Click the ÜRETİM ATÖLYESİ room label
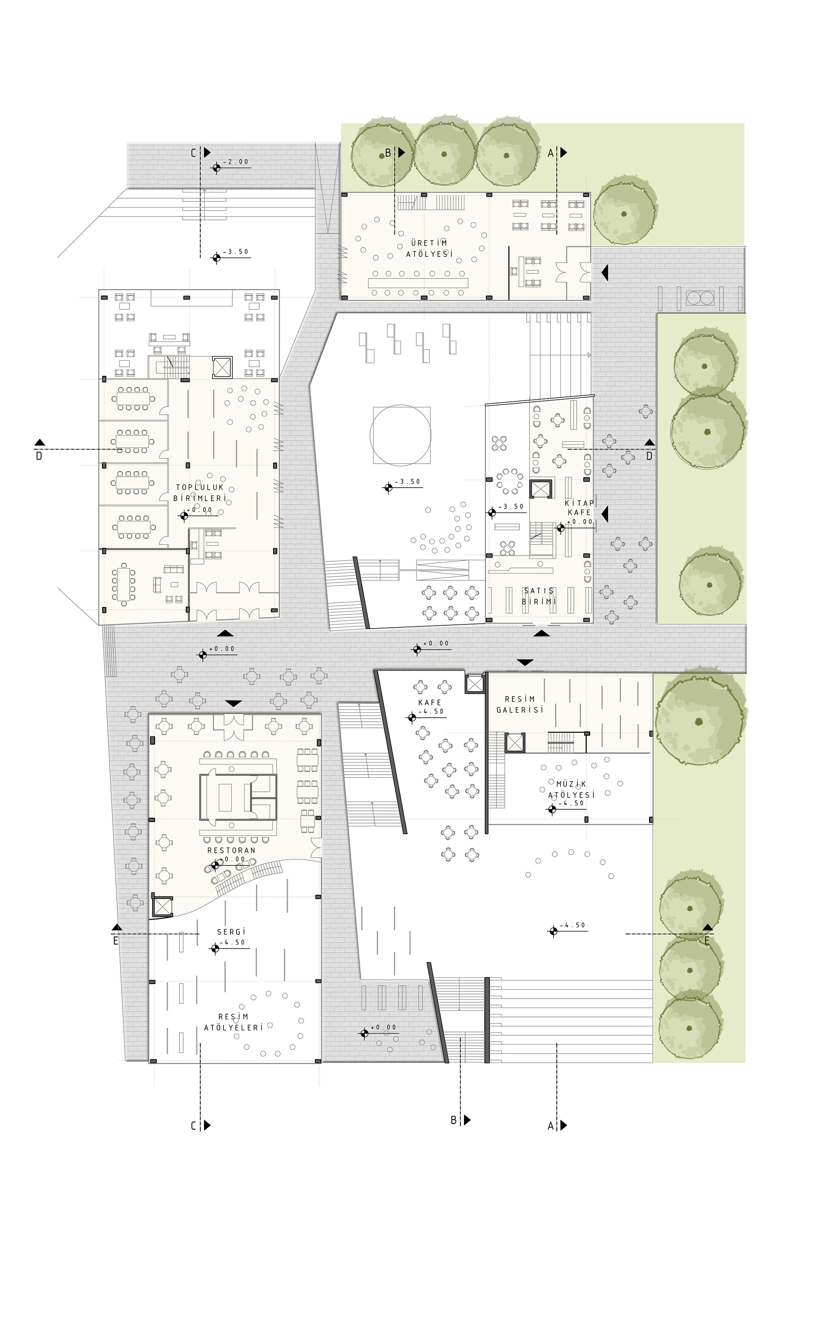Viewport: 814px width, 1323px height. tap(429, 248)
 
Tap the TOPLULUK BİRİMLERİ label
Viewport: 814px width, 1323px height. tap(200, 493)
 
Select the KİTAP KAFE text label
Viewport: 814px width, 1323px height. tap(579, 507)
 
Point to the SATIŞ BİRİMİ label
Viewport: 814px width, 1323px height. tap(539, 596)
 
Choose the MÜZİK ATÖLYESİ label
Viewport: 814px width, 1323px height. tap(571, 789)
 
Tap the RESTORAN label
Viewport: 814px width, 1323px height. tap(232, 851)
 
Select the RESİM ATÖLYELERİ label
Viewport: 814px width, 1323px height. tap(234, 1021)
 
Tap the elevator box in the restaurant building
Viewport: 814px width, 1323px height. tap(162, 907)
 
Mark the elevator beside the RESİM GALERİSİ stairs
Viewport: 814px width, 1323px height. tap(515, 743)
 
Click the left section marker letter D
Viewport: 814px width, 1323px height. tap(39, 456)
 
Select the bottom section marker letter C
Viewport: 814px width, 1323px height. tap(194, 1126)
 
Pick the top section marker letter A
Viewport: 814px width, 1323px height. tap(551, 153)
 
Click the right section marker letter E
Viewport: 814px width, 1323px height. tap(707, 942)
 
